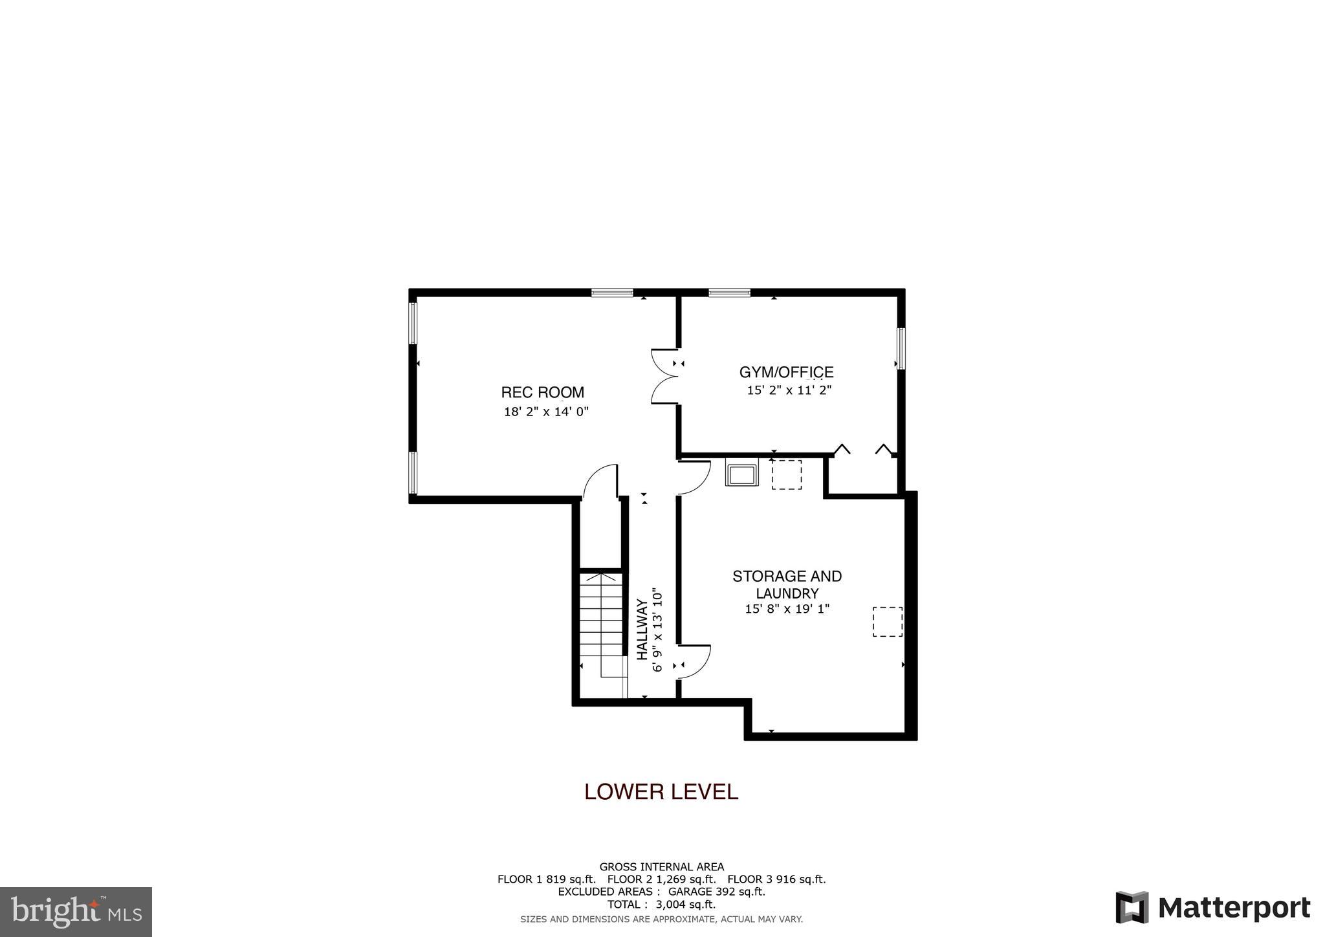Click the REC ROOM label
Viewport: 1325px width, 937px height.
542,392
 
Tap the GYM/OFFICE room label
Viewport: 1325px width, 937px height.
786,372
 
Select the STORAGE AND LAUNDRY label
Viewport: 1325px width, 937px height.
787,584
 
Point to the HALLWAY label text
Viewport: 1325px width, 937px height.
642,630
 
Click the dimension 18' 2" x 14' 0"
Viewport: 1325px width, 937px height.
546,412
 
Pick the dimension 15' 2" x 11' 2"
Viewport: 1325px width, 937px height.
789,390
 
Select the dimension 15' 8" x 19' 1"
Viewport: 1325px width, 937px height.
787,609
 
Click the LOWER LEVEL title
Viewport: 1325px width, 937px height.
661,792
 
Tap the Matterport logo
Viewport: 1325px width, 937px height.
1212,908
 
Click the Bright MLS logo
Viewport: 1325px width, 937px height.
76,912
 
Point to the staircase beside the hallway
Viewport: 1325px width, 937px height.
602,624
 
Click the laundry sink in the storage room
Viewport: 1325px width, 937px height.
741,474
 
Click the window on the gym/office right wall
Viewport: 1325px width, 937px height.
900,348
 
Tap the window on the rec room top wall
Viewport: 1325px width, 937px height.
612,292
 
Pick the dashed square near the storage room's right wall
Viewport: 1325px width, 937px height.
887,621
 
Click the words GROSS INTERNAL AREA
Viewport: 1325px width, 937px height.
661,867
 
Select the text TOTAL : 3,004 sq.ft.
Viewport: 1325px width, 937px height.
661,905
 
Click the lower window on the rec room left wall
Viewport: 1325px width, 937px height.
413,472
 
